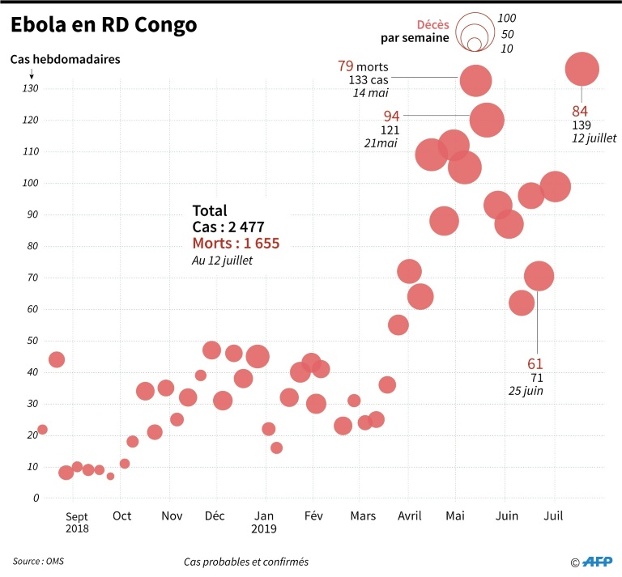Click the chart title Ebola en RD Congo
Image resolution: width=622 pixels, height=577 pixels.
[x=104, y=26]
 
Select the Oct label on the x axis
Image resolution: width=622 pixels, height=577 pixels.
[x=122, y=515]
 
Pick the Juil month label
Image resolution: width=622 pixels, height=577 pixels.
[x=554, y=515]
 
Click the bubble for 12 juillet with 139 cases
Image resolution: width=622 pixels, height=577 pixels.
[x=582, y=70]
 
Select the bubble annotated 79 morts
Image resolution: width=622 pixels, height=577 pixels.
[x=476, y=80]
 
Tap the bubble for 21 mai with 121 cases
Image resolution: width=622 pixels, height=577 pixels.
[x=486, y=120]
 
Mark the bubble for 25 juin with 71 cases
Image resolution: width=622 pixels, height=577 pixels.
[x=539, y=276]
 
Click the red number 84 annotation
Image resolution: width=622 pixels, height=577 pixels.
[x=580, y=111]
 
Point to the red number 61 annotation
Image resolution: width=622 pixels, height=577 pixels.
[x=535, y=363]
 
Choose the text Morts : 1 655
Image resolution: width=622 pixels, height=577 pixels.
[x=236, y=244]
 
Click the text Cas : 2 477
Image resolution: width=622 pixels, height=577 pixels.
[x=228, y=227]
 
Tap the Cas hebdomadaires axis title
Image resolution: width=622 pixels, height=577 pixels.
[x=64, y=59]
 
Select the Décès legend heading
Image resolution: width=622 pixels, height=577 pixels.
[x=432, y=24]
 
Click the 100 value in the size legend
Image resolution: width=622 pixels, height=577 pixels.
[x=507, y=18]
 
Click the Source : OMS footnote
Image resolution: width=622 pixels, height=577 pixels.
[x=40, y=561]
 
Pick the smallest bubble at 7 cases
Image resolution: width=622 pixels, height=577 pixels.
[x=110, y=476]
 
